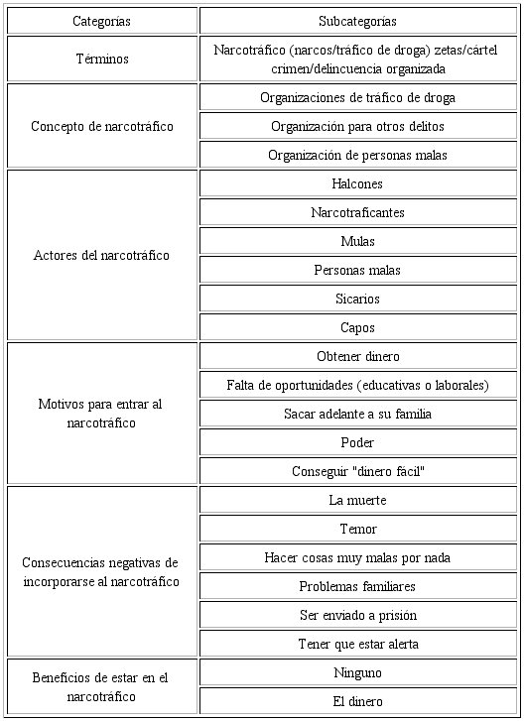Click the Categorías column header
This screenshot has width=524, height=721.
(101, 21)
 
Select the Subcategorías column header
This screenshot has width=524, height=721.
(357, 21)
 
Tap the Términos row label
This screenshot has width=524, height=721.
(101, 59)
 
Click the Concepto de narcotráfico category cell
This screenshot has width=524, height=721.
(101, 126)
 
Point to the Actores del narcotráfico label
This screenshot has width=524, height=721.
(101, 255)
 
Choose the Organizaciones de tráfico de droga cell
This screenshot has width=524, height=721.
(357, 97)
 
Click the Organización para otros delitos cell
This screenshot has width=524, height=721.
(357, 126)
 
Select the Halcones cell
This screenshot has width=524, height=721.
(357, 183)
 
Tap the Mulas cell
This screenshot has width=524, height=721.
(357, 241)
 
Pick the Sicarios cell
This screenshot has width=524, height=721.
(357, 299)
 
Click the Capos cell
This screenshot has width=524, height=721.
(357, 327)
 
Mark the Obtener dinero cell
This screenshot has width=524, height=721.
(357, 356)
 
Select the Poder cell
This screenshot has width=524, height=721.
(357, 442)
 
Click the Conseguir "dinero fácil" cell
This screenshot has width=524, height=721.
(357, 471)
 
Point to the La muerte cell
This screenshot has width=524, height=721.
(357, 500)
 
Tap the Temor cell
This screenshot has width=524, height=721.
(357, 529)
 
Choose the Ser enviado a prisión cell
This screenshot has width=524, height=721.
(357, 615)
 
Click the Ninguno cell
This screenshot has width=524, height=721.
(357, 672)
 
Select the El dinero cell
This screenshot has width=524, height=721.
(357, 701)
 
